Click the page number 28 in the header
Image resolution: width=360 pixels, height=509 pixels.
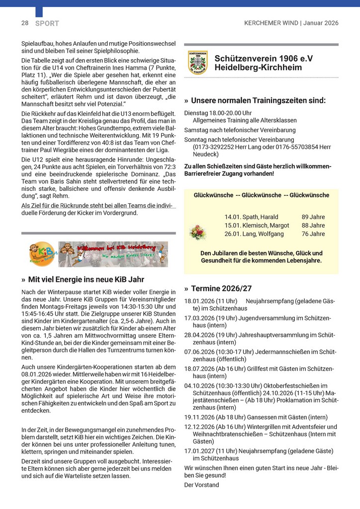click(x=25, y=23)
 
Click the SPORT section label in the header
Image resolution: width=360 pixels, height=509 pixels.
click(x=47, y=23)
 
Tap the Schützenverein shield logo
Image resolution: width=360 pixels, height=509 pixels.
click(x=197, y=63)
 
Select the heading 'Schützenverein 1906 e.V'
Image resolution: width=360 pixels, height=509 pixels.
click(x=264, y=58)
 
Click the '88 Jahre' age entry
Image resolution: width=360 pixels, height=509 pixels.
click(x=313, y=225)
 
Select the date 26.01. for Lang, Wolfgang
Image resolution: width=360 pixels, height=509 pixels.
click(x=233, y=234)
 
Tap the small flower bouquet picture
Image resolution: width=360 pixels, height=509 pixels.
click(x=197, y=232)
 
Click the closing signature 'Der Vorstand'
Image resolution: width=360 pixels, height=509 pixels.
click(x=201, y=485)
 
